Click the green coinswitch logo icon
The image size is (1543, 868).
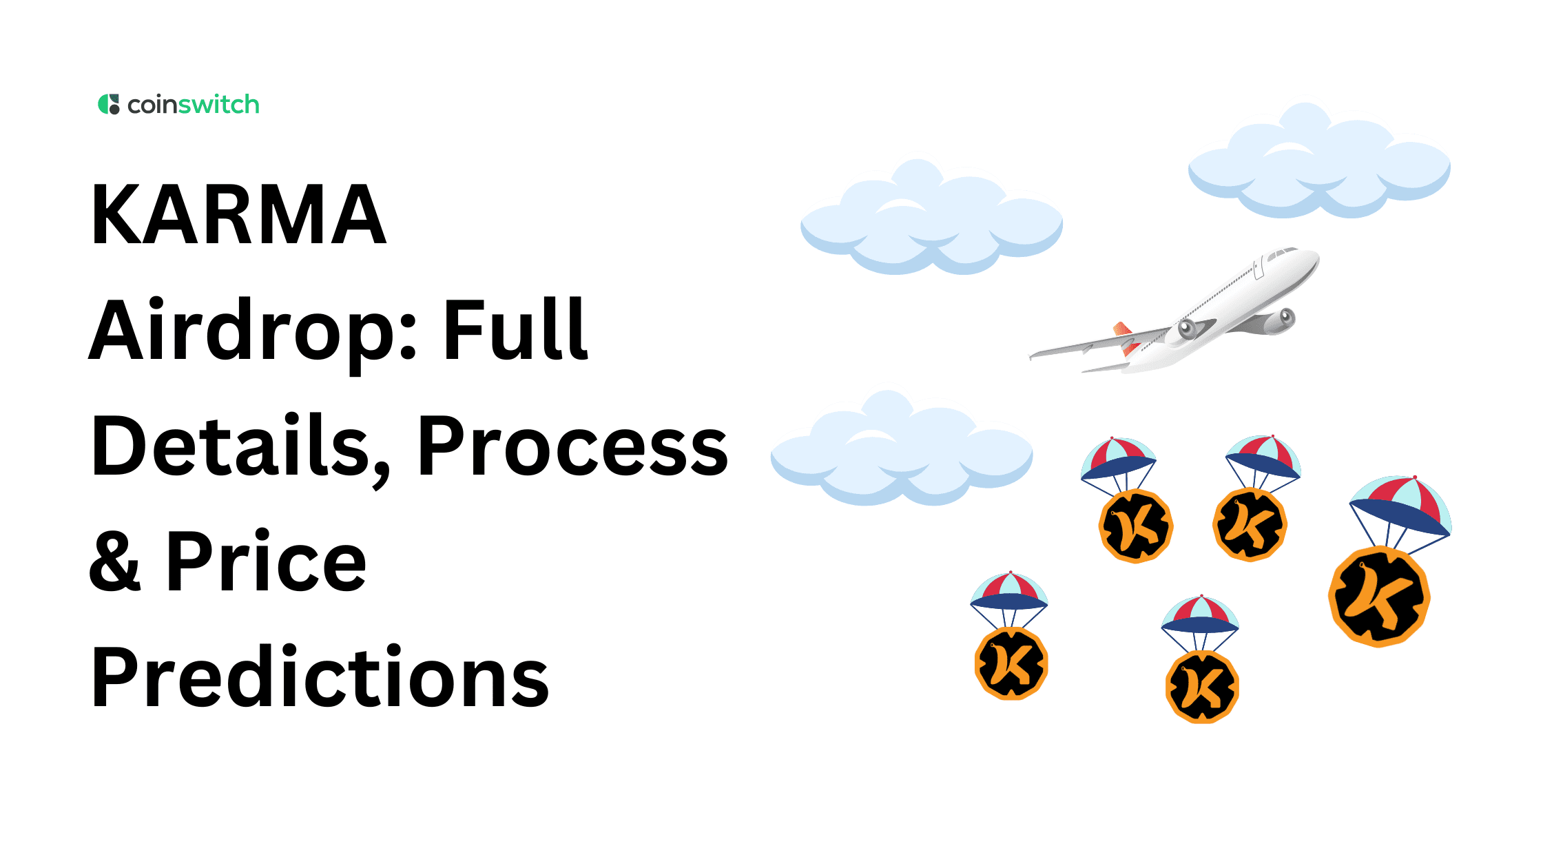pos(108,105)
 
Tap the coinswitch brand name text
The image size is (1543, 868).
pos(194,105)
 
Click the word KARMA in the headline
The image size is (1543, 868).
pos(238,215)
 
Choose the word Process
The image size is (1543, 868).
pos(572,446)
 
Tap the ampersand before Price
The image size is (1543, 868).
pos(115,561)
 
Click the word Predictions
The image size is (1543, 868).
pos(320,677)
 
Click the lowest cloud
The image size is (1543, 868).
pos(901,451)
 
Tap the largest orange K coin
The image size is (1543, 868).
pos(1379,597)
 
